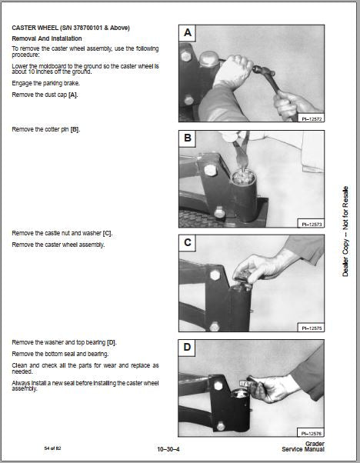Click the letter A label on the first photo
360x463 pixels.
[x=187, y=32]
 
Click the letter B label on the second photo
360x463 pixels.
[x=187, y=138]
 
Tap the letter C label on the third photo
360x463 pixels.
[x=187, y=242]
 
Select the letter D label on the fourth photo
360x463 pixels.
[x=187, y=347]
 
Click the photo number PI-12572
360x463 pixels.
[x=312, y=119]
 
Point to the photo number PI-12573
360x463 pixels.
[x=312, y=225]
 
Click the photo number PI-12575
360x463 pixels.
[x=312, y=328]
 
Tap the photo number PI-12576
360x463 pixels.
[x=311, y=434]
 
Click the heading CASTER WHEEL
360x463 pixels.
[x=35, y=28]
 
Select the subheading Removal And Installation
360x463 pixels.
[x=47, y=38]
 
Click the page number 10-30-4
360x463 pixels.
[x=168, y=449]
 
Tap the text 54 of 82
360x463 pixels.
[x=52, y=448]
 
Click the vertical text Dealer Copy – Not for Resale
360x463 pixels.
[x=345, y=231]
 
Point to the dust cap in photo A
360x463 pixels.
[x=208, y=58]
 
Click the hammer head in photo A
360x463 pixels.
[x=263, y=71]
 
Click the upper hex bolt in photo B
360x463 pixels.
[x=210, y=170]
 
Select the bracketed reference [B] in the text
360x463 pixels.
[x=75, y=129]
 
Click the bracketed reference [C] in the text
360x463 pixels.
[x=107, y=233]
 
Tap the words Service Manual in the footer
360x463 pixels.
[x=303, y=449]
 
